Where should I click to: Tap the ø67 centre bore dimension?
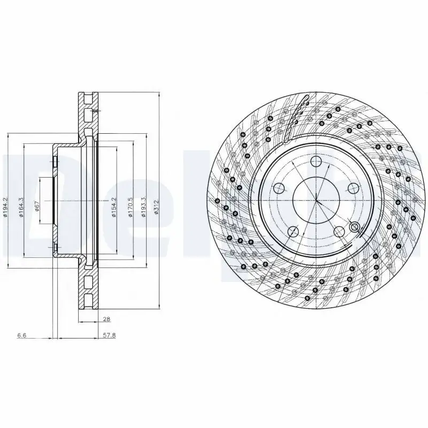click(36, 207)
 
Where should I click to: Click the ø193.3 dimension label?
click(144, 207)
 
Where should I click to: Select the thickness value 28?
click(106, 319)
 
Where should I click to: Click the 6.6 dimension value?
click(22, 335)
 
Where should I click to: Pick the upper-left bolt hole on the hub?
click(279, 188)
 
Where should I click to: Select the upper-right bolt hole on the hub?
click(353, 188)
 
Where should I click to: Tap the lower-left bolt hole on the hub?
click(293, 231)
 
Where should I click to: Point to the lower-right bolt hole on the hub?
click(339, 231)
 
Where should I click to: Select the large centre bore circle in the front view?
click(316, 201)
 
